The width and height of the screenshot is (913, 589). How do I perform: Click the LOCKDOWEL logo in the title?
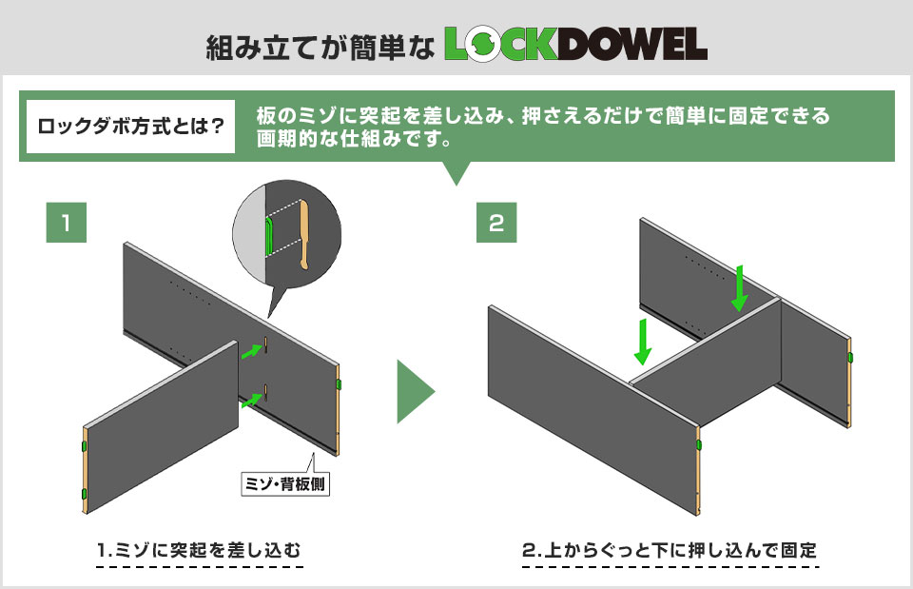[x=576, y=45]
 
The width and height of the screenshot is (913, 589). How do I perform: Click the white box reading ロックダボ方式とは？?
[x=130, y=126]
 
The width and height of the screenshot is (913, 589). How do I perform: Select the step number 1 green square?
[x=67, y=223]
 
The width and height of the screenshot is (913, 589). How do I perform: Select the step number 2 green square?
[x=496, y=223]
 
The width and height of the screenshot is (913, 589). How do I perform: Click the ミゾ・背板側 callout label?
[x=285, y=483]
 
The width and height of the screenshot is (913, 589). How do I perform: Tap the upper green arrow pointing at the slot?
[x=252, y=351]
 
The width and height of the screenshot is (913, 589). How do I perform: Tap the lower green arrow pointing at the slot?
[x=252, y=401]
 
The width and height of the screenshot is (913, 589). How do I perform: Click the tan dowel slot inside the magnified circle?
[x=304, y=235]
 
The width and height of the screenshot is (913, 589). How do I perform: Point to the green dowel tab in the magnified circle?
[x=268, y=237]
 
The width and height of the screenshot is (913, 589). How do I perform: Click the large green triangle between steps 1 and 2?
[x=416, y=391]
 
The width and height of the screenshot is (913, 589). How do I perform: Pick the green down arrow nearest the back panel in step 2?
[x=740, y=287]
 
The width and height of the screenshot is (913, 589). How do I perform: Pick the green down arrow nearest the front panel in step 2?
[x=642, y=342]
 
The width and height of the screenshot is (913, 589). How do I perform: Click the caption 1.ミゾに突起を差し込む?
[x=199, y=550]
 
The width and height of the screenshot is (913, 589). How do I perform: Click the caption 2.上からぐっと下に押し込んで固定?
[x=670, y=550]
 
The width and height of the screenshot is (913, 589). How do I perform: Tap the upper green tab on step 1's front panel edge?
[x=85, y=447]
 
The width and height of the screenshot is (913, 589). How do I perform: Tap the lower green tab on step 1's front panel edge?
[x=85, y=495]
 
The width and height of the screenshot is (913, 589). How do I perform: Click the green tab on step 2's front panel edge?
[x=699, y=445]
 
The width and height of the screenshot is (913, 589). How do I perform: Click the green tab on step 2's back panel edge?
[x=850, y=357]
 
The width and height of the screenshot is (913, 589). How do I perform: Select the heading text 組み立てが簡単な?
[x=321, y=47]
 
